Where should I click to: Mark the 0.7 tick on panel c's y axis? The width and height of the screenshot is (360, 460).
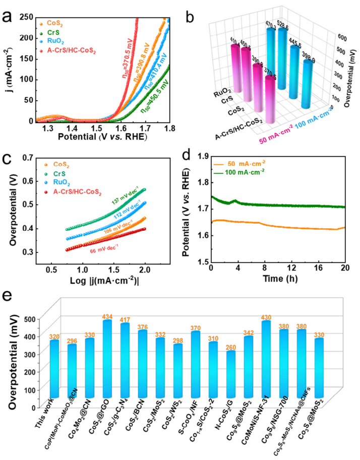click(30, 159)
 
